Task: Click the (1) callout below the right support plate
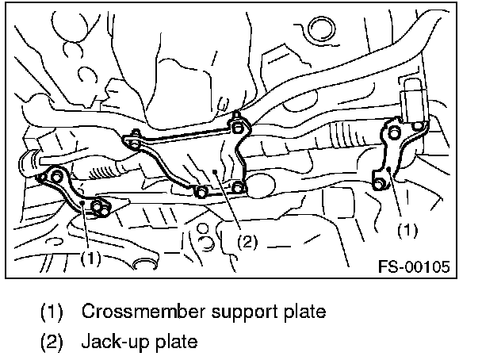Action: pyautogui.click(x=406, y=230)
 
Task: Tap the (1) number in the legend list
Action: pyautogui.click(x=53, y=312)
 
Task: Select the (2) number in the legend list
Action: pyautogui.click(x=53, y=343)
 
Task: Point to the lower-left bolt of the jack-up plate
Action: pyautogui.click(x=201, y=191)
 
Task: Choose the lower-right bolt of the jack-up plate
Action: pyautogui.click(x=238, y=188)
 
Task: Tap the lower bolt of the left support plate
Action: pyautogui.click(x=99, y=209)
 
